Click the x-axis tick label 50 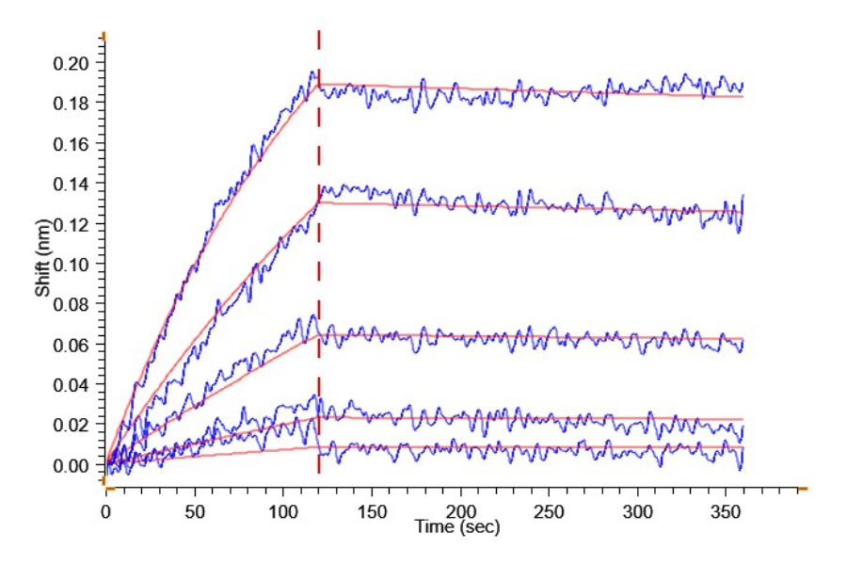194,509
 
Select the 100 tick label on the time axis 283,509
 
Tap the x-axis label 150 372,509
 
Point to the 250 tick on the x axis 549,509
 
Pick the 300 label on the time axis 637,509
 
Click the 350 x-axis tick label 726,509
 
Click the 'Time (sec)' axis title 457,526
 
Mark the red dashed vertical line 319,282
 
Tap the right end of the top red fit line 743,97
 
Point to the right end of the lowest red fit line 743,447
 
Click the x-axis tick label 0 105,509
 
